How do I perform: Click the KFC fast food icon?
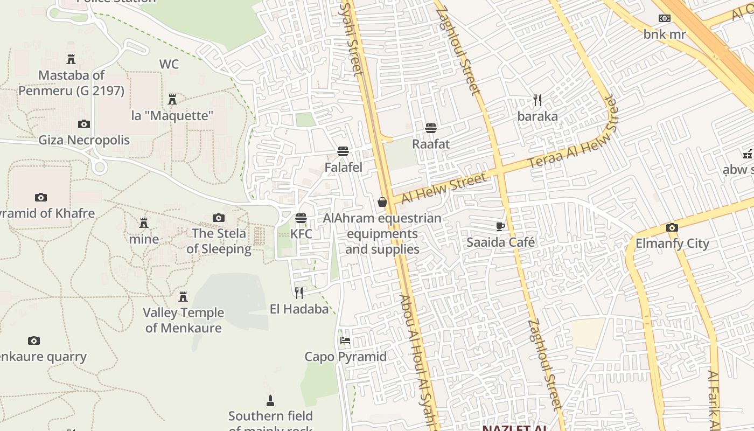[x=301, y=218]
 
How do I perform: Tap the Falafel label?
[x=343, y=168]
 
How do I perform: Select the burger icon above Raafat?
[x=430, y=128]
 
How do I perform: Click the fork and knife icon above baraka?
[x=537, y=100]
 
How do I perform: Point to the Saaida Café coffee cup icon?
[x=500, y=226]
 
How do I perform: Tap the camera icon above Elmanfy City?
[x=672, y=227]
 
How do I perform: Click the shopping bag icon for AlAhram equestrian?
[x=382, y=202]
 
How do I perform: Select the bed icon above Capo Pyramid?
[x=345, y=340]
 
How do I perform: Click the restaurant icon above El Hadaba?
[x=299, y=293]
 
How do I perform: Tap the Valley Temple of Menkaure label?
[x=183, y=320]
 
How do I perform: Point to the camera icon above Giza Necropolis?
[x=84, y=124]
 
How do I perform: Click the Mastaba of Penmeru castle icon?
[x=71, y=59]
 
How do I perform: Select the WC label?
[x=169, y=64]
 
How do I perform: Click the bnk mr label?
[x=665, y=34]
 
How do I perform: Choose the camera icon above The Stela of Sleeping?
[x=218, y=218]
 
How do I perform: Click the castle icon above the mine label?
[x=144, y=223]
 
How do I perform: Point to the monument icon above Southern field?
[x=270, y=401]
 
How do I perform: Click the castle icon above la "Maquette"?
[x=172, y=99]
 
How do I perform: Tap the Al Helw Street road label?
[x=444, y=187]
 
